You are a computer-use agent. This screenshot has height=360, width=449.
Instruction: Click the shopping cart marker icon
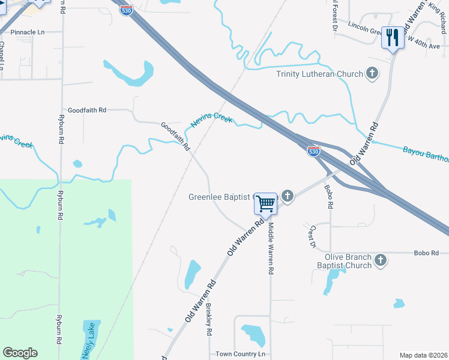click(265, 203)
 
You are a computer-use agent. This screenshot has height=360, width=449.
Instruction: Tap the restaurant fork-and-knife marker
click(393, 38)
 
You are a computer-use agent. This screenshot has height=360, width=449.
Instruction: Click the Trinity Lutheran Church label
click(319, 74)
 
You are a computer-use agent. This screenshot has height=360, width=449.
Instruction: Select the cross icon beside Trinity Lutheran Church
click(372, 74)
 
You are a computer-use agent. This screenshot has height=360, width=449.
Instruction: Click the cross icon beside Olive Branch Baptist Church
click(380, 260)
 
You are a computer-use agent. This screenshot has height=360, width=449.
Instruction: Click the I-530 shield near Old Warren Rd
click(313, 151)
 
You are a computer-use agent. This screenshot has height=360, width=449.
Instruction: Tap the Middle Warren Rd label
click(271, 249)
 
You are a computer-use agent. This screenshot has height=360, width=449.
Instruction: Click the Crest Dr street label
click(312, 236)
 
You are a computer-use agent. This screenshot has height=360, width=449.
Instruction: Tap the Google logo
click(20, 353)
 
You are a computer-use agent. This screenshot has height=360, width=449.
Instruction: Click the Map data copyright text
click(424, 355)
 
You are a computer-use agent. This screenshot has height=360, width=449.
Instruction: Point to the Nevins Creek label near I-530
click(211, 120)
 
